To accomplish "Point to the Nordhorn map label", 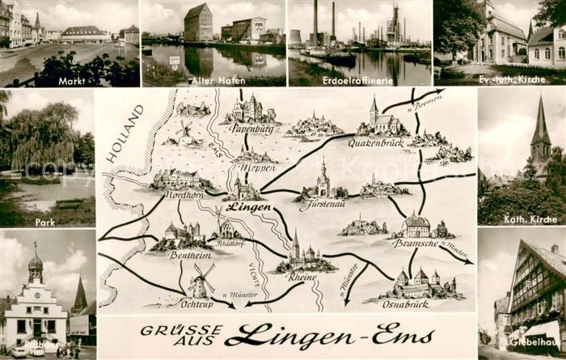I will click(184, 194).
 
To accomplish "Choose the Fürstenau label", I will click(323, 205).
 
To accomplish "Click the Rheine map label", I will click(302, 276).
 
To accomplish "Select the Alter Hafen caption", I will click(213, 81).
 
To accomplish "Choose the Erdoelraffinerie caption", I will click(360, 81).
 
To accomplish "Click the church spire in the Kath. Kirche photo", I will click(540, 121).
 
